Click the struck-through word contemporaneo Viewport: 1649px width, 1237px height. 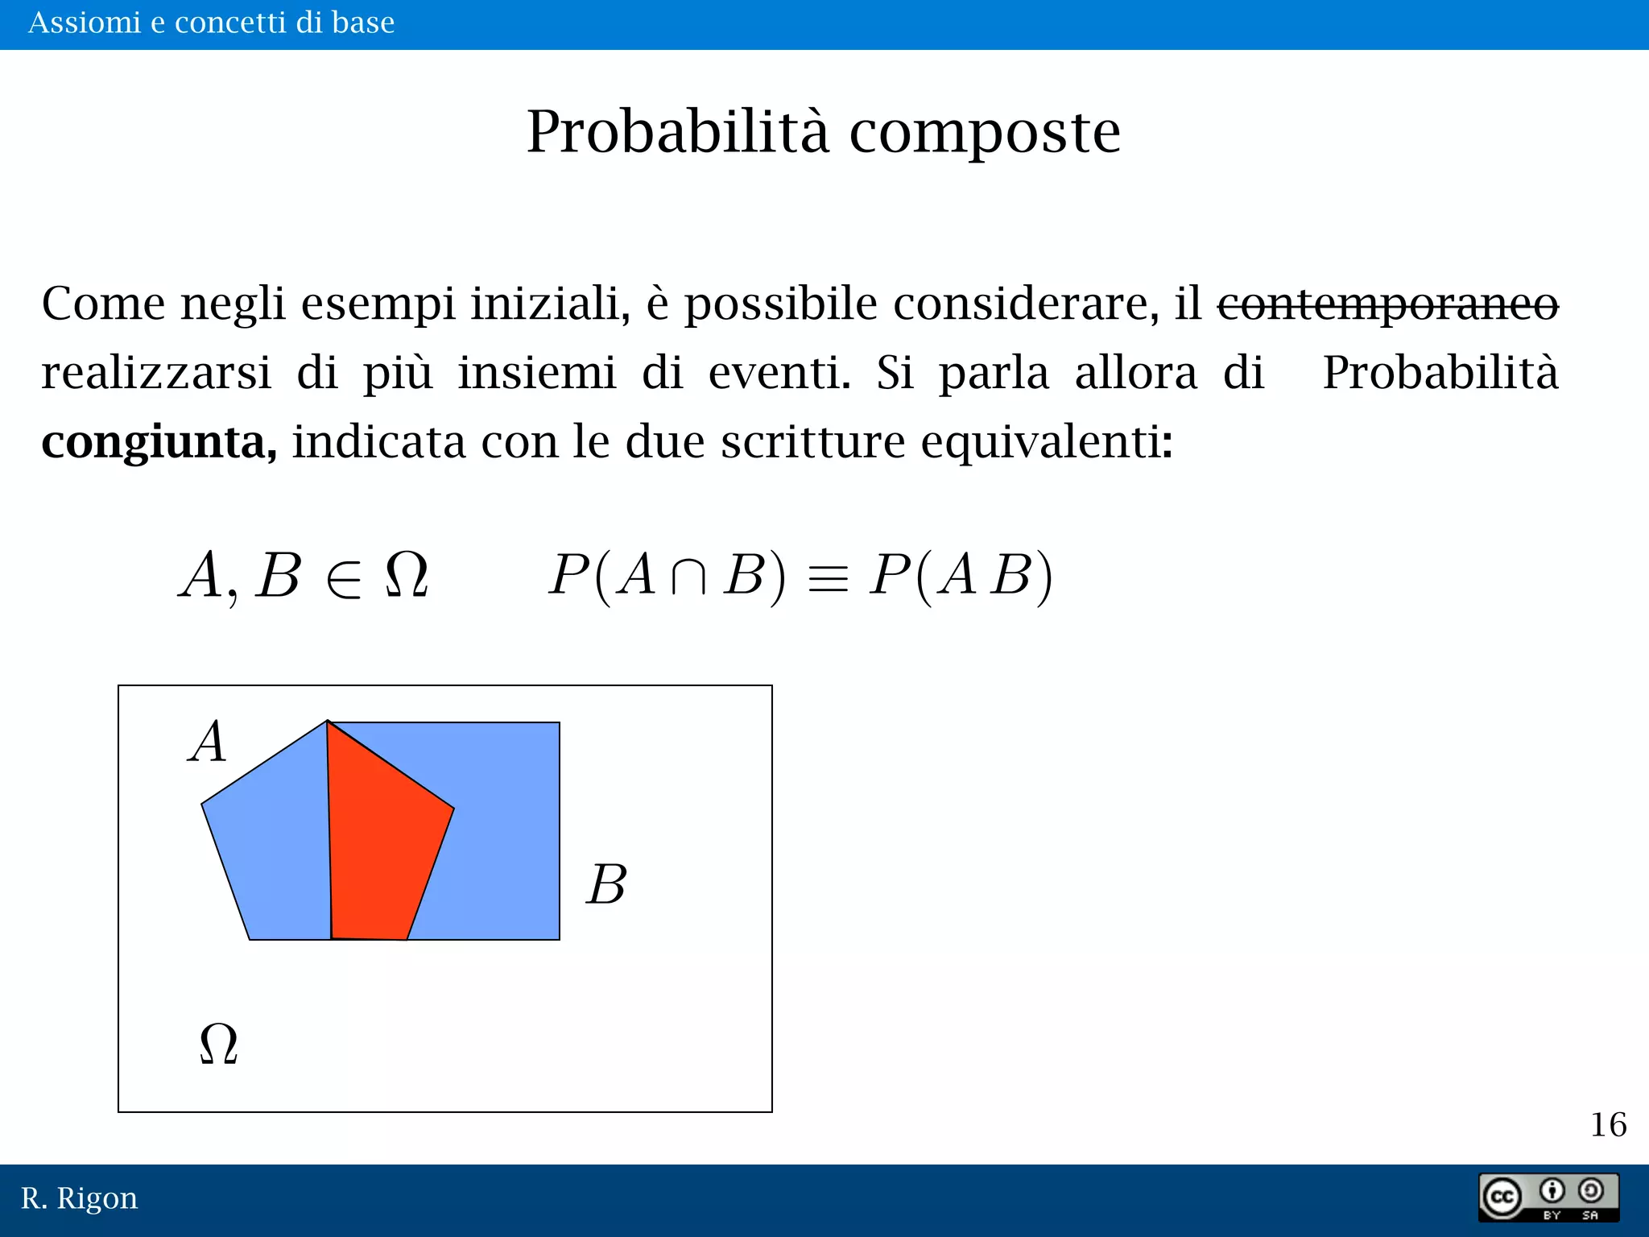click(x=1387, y=304)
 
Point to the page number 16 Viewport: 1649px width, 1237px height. click(x=1608, y=1124)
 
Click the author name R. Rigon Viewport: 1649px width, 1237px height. click(x=79, y=1198)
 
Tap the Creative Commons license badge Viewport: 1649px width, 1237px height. click(x=1548, y=1198)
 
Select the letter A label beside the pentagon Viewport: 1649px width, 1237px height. click(x=209, y=741)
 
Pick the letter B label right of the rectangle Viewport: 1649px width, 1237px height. click(x=606, y=884)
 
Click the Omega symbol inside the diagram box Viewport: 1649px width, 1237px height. click(x=218, y=1044)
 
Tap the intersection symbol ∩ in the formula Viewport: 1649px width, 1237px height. click(x=688, y=577)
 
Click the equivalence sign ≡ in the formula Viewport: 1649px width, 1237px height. click(x=828, y=577)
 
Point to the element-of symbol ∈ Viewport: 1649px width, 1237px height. click(x=344, y=577)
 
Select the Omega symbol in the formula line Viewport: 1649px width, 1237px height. click(x=407, y=575)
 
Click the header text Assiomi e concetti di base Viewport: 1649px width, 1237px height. click(x=211, y=23)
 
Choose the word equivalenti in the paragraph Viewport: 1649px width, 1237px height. click(x=1047, y=441)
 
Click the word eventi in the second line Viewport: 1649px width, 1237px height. click(x=779, y=373)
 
